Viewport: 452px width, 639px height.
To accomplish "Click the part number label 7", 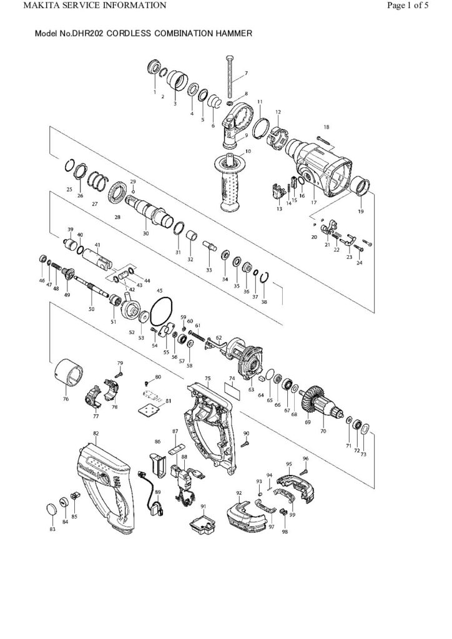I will [x=246, y=74].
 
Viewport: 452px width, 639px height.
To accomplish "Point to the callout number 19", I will [x=360, y=212].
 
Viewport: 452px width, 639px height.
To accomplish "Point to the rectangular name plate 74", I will [x=232, y=392].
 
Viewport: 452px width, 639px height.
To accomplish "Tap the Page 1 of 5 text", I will [x=416, y=6].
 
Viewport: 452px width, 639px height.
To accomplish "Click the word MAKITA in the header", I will [x=24, y=6].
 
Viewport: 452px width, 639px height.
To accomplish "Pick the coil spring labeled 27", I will [x=97, y=182].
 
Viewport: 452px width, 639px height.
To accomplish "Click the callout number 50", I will [x=91, y=308].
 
